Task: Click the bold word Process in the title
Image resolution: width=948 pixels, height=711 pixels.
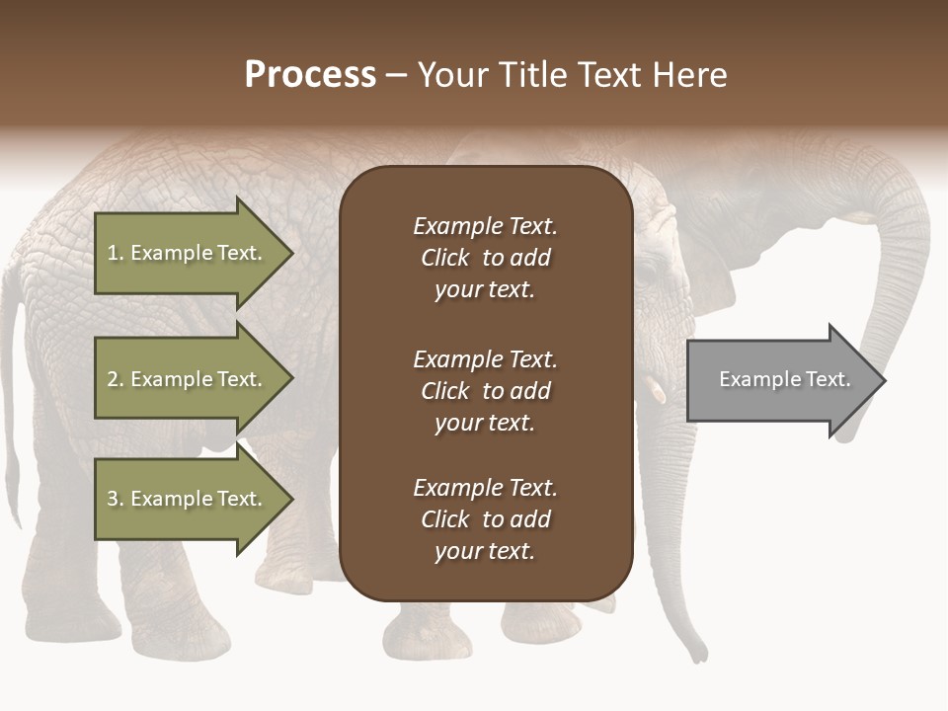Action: [310, 75]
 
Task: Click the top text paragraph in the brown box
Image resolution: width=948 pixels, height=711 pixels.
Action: [485, 258]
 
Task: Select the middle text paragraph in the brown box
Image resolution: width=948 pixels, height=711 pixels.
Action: [485, 390]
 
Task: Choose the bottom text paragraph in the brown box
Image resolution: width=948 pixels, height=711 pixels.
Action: [485, 519]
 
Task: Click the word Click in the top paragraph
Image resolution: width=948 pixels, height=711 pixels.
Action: [444, 258]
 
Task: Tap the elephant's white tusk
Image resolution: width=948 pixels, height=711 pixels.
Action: [657, 392]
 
